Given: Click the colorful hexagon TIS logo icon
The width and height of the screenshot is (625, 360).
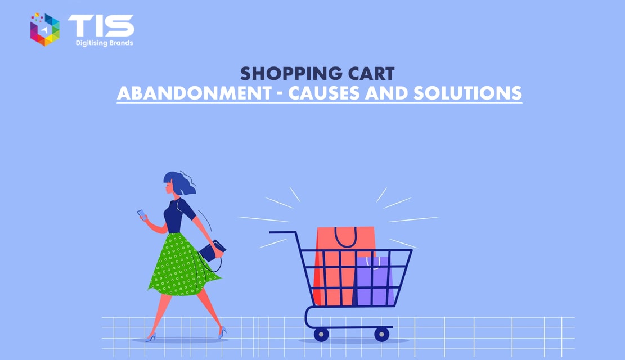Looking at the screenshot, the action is point(45,29).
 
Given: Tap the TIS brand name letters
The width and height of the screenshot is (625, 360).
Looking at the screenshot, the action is point(101,26).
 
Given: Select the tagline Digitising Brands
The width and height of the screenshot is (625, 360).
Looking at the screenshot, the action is point(105,43).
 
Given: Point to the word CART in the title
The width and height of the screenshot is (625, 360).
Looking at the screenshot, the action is point(371,74).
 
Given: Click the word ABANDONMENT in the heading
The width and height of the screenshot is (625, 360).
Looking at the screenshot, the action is point(194,93).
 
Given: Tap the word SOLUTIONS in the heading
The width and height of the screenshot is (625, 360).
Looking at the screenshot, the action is point(467,93).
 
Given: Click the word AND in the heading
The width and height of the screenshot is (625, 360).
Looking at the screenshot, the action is point(386,93).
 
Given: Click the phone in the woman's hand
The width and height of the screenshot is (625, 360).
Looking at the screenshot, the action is point(142,214).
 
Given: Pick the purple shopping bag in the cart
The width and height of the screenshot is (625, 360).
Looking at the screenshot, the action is point(374,281).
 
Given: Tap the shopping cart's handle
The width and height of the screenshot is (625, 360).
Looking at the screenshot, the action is point(283,232).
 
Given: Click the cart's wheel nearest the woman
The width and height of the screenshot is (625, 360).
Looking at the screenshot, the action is point(321,334).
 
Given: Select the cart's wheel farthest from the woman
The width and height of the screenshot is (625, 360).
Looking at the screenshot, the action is point(382,334).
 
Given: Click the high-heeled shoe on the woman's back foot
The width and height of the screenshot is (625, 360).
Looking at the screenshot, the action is point(222,332).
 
